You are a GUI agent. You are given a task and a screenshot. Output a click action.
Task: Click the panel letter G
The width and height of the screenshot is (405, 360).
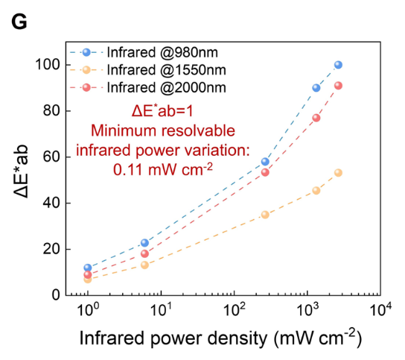coord(19,22)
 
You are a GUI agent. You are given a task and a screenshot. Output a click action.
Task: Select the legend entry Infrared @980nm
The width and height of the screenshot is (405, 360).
coord(144,52)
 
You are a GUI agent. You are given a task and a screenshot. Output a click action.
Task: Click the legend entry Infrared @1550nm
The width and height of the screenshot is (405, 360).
coord(148,70)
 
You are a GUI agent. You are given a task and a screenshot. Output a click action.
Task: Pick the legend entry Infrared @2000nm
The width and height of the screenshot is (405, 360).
coord(148,87)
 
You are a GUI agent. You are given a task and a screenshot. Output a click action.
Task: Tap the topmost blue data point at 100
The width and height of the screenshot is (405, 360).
coord(338,65)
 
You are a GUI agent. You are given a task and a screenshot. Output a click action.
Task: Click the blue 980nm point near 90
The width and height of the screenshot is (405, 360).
coord(316,88)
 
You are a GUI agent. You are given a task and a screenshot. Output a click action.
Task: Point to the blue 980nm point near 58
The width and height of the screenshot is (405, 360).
coord(265,162)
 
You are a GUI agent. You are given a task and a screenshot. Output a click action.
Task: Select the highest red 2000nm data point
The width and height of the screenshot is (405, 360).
coord(338,86)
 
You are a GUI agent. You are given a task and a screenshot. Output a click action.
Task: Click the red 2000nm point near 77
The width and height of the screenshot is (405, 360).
coord(316,118)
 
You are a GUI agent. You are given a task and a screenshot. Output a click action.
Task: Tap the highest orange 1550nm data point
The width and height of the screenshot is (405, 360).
coord(338,173)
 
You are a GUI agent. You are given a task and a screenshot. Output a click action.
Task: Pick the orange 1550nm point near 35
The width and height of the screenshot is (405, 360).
coord(265,215)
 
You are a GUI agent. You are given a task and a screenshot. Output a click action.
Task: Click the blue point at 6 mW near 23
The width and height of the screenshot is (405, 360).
coord(145,243)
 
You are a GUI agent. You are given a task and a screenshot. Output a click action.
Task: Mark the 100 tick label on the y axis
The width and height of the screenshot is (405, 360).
coord(48,64)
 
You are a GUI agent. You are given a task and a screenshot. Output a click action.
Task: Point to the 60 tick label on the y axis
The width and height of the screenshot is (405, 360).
coord(51,157)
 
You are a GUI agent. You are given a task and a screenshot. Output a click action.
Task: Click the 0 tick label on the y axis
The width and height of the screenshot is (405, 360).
coord(56,295)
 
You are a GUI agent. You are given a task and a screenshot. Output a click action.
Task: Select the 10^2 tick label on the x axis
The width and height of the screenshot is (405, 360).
coord(235,309)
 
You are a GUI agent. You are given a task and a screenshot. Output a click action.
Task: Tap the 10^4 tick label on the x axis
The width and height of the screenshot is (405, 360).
coord(381,309)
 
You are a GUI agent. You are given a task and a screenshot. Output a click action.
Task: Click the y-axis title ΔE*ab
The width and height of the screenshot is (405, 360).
coord(21,171)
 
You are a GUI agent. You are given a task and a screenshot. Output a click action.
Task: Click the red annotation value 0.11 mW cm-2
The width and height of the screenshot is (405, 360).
coord(163,170)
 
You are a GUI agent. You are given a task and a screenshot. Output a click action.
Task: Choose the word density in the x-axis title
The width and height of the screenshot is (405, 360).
coord(237,338)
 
